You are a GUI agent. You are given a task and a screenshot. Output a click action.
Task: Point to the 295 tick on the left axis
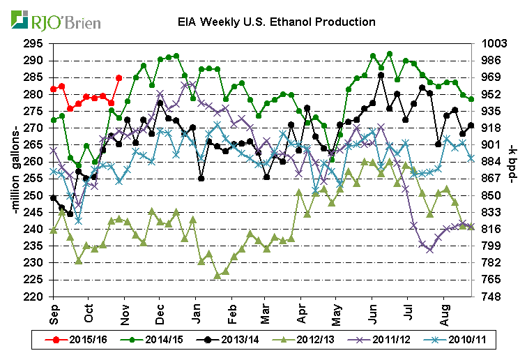coord(36,43)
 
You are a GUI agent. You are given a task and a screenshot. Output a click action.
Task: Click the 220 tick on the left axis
coord(36,297)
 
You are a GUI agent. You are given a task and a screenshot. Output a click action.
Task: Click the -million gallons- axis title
coord(13,170)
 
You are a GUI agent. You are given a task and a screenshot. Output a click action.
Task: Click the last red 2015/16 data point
coord(119,77)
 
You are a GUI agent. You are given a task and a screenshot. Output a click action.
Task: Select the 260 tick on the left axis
coord(36,162)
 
